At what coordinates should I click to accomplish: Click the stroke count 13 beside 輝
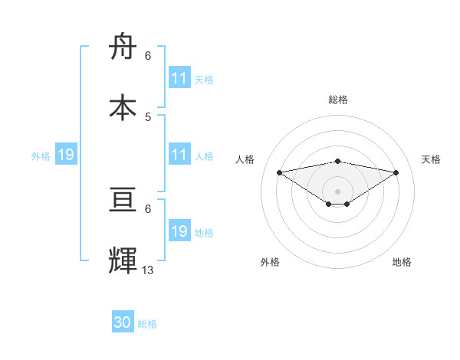point(148,270)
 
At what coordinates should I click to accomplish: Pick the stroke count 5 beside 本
point(148,116)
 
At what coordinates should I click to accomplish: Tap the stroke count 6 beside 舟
point(148,55)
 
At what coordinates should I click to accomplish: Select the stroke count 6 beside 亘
point(148,208)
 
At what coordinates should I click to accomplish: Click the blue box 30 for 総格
point(123,322)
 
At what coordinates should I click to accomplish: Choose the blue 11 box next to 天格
point(179,78)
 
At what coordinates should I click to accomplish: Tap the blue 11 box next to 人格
point(179,155)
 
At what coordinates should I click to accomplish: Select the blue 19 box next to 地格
point(179,231)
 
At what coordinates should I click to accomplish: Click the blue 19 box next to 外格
point(65,155)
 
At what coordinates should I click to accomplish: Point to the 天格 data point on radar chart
point(396,172)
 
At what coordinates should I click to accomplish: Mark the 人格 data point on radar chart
point(279,172)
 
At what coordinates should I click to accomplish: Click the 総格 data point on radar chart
point(337,161)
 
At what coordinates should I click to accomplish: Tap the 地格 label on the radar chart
point(402,262)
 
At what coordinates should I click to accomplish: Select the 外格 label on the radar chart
point(270,262)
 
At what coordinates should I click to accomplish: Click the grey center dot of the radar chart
point(337,191)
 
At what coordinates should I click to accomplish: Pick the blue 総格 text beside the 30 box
point(147,324)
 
